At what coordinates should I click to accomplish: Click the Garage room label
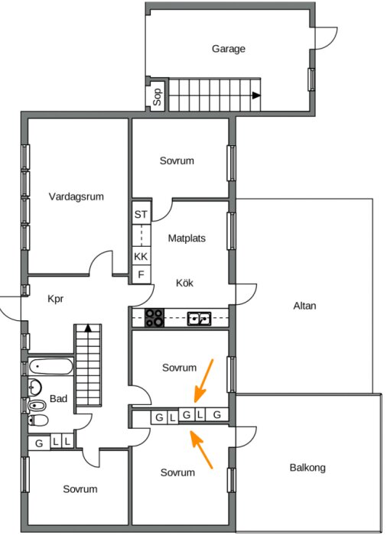coord(228,49)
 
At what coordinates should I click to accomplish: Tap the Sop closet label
coord(157,97)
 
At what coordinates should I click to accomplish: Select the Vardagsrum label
coord(76,196)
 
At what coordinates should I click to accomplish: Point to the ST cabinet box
coord(141,214)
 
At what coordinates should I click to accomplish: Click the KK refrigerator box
coord(141,256)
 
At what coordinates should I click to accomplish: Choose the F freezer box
coord(141,274)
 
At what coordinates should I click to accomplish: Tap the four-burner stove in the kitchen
coord(154,318)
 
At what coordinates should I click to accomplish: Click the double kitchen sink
coord(199,319)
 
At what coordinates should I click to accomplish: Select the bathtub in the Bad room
coord(51,367)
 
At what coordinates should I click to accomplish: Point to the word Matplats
coord(187,238)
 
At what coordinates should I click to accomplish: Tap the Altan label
coord(304,306)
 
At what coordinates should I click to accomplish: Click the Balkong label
coord(307,468)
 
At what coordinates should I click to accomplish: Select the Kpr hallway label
coord(56,299)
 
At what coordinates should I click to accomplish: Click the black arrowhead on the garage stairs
coord(256,96)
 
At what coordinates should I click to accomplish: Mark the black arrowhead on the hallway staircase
coord(88,328)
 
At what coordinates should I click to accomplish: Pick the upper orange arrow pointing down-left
coord(203,381)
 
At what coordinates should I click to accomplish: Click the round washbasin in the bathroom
coord(35,387)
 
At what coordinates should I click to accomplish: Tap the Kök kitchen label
coord(185,283)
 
